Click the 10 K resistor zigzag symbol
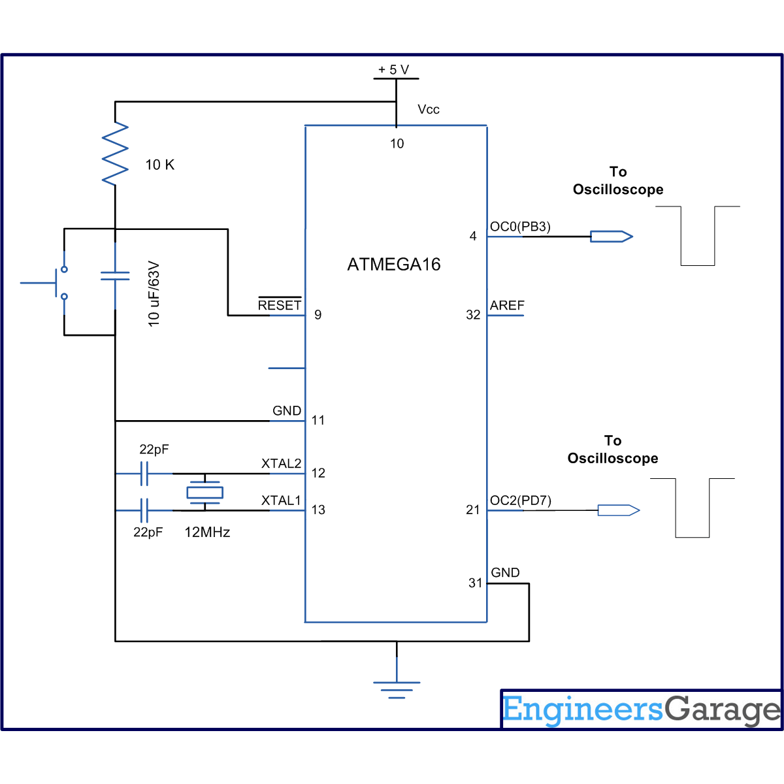coord(115,154)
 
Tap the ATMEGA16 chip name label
coord(394,265)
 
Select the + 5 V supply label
coord(393,70)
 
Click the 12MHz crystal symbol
coord(205,492)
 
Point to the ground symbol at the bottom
coord(397,686)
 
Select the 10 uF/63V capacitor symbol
coord(115,276)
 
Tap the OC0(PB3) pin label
coord(520,227)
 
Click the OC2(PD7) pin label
coord(521,500)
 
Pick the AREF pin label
coord(507,305)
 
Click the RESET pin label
coord(280,305)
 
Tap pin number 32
coord(473,315)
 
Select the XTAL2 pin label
coord(281,464)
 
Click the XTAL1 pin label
coord(281,500)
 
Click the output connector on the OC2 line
coord(618,510)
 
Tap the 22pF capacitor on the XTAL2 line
coord(144,473)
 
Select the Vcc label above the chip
coord(429,110)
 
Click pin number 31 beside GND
coord(475,583)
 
